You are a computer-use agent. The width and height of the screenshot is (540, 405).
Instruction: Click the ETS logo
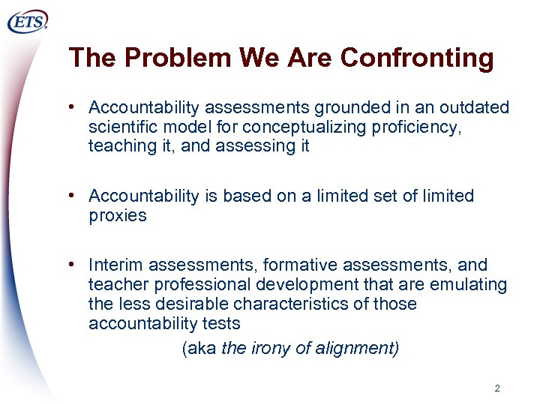(28, 22)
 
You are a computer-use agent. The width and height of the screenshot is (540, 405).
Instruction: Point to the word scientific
(121, 127)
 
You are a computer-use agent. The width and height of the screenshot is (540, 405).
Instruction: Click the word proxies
(117, 216)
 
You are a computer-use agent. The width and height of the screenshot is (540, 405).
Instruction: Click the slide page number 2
(497, 388)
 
